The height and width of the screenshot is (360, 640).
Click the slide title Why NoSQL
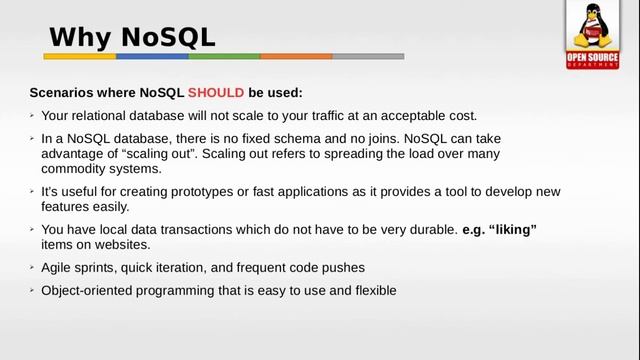[x=132, y=38]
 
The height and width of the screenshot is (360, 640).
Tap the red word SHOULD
[x=215, y=93]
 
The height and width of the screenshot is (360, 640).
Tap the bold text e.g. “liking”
[x=500, y=229]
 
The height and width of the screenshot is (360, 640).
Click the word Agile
[x=58, y=268]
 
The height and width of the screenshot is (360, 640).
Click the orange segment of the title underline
[x=296, y=57]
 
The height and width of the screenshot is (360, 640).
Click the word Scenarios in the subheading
[x=63, y=93]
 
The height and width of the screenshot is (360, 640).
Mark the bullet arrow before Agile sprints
[x=32, y=268]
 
